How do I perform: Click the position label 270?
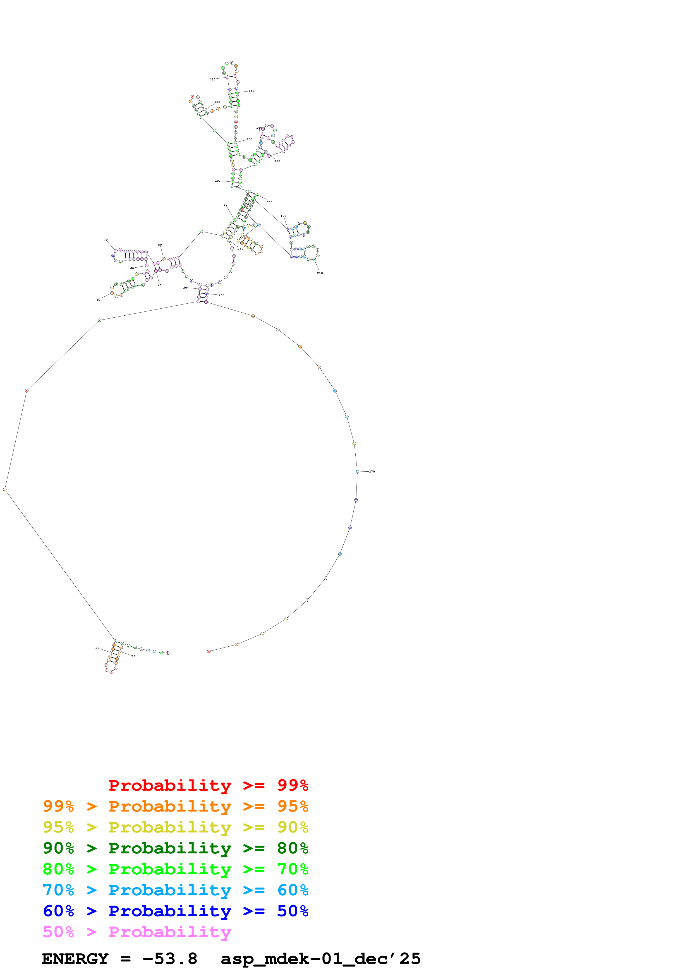[x=372, y=472]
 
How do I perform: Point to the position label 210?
[x=320, y=273]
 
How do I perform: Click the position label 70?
[x=106, y=240]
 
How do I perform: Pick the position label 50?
[x=99, y=300]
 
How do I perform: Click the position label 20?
[x=97, y=648]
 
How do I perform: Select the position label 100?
[x=217, y=181]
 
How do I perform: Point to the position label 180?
[x=277, y=162]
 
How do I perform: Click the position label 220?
[x=269, y=201]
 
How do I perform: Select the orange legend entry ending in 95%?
[x=175, y=807]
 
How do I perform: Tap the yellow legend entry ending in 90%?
[x=175, y=828]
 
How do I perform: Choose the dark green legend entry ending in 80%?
[x=175, y=848]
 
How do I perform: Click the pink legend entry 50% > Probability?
[x=137, y=932]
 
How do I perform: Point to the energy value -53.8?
[x=170, y=959]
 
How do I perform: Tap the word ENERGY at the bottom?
[x=75, y=959]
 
